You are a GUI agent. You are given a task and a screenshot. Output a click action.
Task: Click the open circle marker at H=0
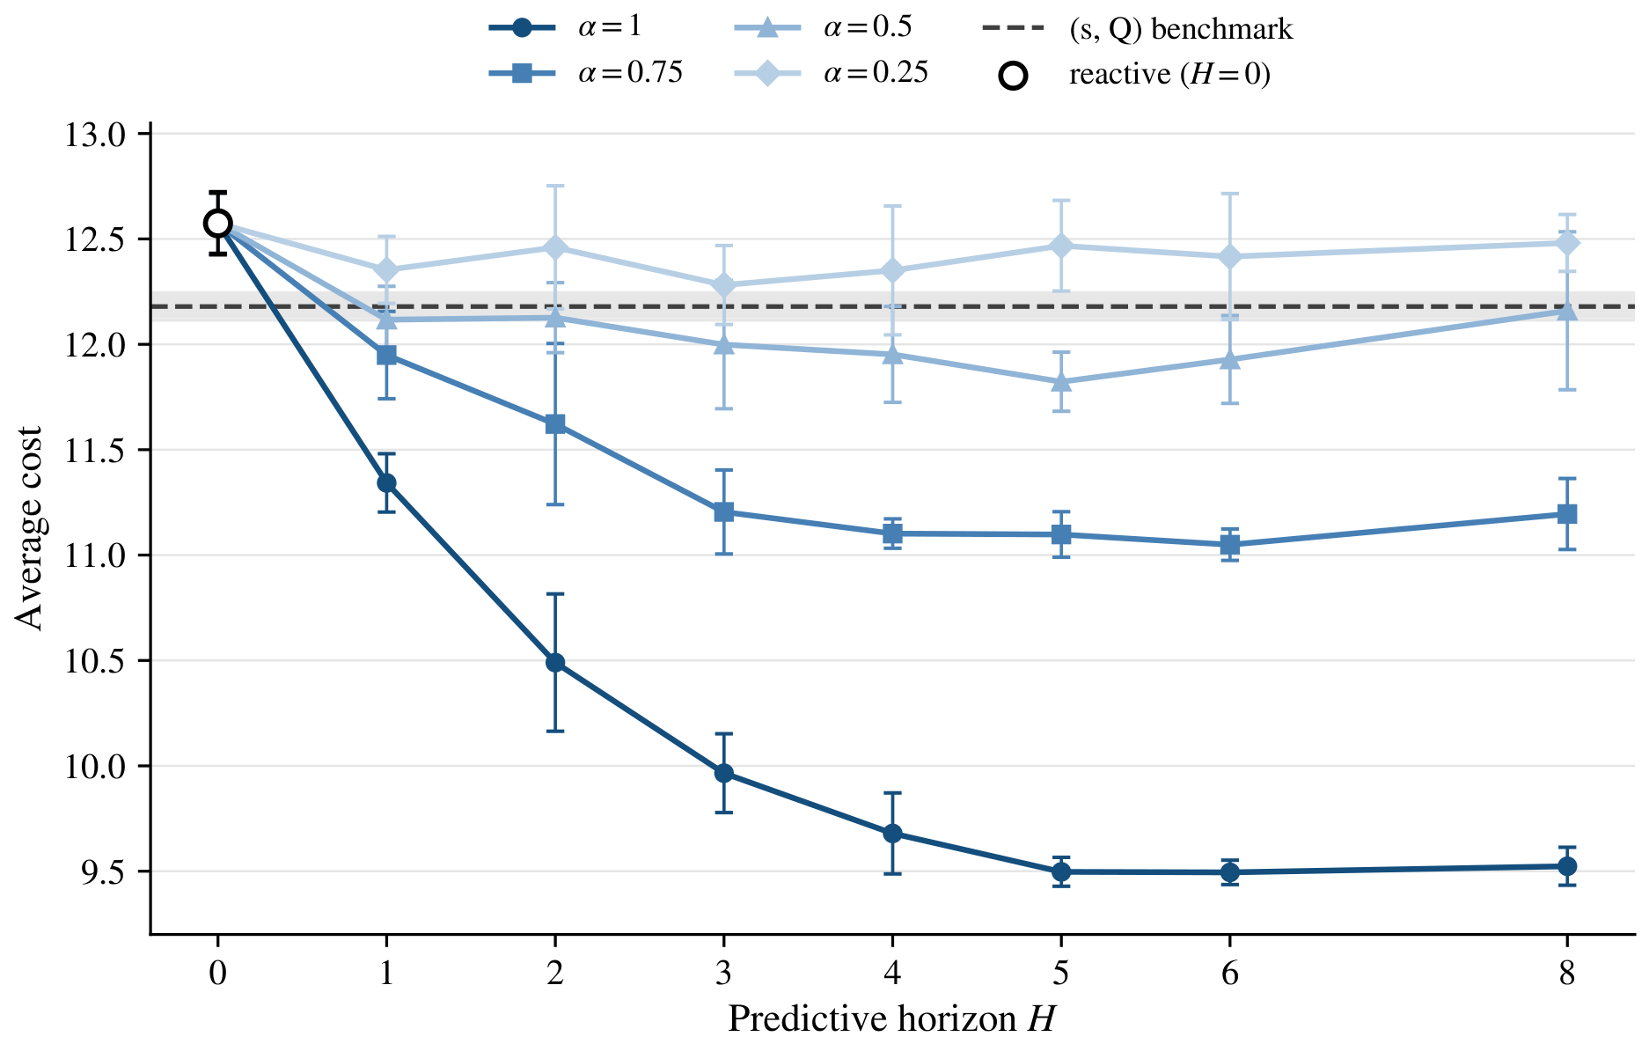coord(218,223)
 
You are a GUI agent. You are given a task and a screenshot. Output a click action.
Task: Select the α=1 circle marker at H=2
coord(555,663)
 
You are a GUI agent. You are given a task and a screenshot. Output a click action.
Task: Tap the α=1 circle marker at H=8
coord(1567,866)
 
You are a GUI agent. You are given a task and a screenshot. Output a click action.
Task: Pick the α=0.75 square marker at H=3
coord(724,511)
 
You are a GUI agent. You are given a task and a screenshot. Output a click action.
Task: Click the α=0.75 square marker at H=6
coord(1230,544)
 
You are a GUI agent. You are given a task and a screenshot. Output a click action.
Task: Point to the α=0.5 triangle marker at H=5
coord(1061,381)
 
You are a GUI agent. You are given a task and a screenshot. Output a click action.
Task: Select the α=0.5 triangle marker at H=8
coord(1567,311)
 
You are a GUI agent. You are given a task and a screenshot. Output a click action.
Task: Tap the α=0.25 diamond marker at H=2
coord(555,247)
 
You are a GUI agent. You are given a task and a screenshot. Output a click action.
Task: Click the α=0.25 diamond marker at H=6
coord(1230,256)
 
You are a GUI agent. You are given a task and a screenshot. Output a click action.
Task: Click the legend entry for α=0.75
coord(586,73)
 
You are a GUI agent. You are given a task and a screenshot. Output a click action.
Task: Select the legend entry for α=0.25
coord(832,73)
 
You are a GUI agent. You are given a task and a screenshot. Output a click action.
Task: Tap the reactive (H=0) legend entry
coord(1135,75)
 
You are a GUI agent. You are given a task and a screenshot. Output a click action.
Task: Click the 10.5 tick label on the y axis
coord(96,661)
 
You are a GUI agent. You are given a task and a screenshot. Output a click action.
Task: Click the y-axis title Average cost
coord(29,529)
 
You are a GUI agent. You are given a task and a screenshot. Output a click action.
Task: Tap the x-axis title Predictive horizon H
coord(891,1019)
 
